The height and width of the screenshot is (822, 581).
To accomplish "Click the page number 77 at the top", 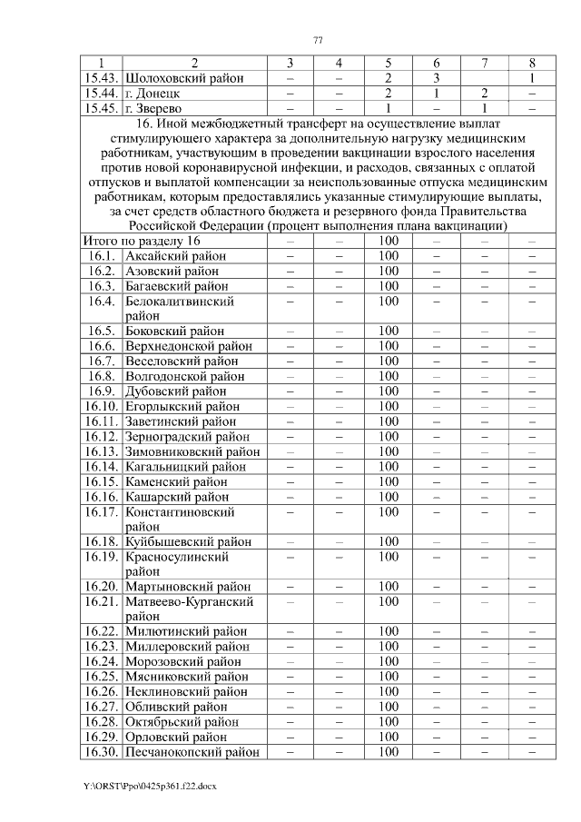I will coord(317,39).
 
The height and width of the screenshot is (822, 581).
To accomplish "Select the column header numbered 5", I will coord(388,63).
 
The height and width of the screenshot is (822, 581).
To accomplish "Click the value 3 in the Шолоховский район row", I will coord(437,78).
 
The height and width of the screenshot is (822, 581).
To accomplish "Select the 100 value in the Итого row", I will coord(388,241).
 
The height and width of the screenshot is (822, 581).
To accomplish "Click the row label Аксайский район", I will coord(176,256).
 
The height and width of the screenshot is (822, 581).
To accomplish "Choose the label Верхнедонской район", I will coord(189,346).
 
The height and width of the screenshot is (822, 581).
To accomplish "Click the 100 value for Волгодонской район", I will coord(388,376).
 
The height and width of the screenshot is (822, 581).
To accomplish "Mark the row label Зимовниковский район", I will coord(192,451).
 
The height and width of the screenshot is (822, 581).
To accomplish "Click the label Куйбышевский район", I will coord(188,541).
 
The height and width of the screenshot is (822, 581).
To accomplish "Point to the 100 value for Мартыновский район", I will coord(388,587).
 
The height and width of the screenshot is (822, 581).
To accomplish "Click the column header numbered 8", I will coord(532,63).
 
